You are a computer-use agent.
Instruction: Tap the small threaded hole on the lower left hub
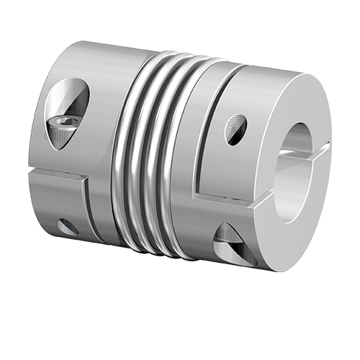pyautogui.click(x=68, y=226)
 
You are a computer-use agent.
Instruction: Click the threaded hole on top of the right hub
pyautogui.click(x=236, y=127)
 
